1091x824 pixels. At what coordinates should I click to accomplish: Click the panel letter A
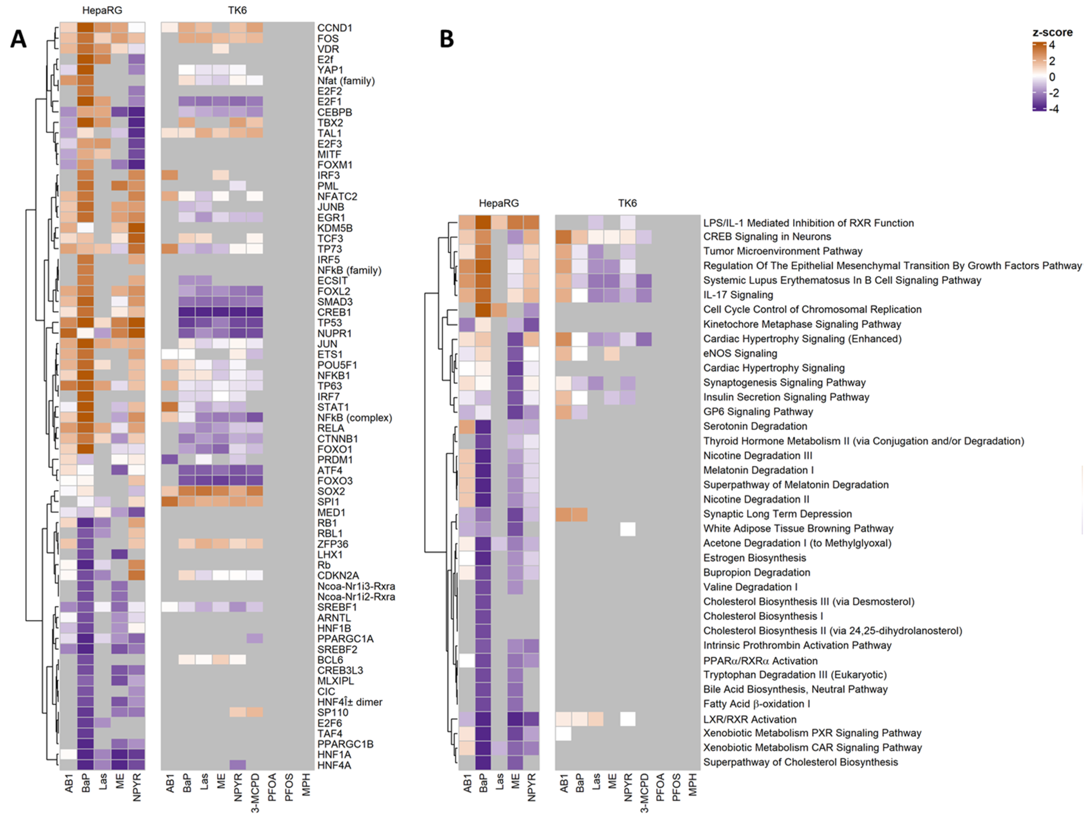[x=18, y=38]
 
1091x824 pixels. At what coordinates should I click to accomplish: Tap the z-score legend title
[x=1052, y=32]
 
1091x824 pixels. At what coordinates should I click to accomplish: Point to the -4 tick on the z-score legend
[x=1054, y=109]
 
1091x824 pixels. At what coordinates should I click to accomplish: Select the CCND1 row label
[x=335, y=28]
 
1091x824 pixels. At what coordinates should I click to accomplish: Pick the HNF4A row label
[x=334, y=765]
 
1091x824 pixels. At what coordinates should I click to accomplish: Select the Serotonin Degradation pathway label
[x=755, y=426]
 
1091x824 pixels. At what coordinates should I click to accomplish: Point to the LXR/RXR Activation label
[x=750, y=719]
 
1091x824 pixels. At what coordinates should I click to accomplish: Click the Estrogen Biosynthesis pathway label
[x=755, y=558]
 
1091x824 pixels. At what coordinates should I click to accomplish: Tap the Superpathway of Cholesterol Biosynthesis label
[x=800, y=762]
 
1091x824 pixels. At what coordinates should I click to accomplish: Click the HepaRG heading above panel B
[x=499, y=203]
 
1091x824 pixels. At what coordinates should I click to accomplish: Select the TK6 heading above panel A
[x=237, y=10]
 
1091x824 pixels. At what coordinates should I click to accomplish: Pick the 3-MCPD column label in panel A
[x=255, y=793]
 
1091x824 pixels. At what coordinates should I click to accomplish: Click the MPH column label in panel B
[x=693, y=785]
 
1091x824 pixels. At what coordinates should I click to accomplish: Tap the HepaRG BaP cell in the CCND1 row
[x=86, y=28]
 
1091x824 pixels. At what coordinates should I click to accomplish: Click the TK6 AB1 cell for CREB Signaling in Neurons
[x=563, y=237]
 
